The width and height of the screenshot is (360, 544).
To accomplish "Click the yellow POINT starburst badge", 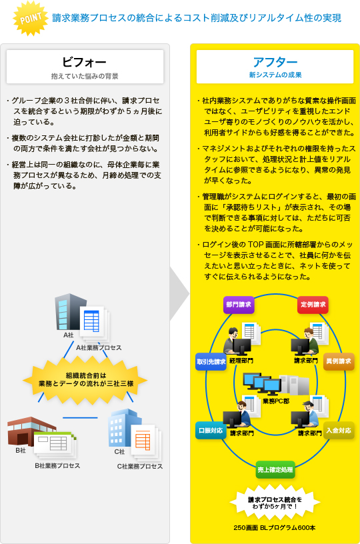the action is [31, 19].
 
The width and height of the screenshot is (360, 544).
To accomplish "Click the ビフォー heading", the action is [84, 62].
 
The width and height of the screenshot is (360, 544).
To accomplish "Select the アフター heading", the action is [275, 62].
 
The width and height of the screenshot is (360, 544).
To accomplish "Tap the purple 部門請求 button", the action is [239, 305].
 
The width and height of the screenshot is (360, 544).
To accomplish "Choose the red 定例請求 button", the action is [313, 305].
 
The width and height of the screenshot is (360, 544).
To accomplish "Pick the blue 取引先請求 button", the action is [211, 361].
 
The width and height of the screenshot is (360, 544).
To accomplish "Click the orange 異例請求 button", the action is [339, 361].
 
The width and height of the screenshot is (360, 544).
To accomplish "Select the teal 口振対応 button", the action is [211, 431].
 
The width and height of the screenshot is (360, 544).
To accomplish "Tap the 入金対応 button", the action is [339, 431].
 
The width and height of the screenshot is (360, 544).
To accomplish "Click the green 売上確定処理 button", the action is [275, 470].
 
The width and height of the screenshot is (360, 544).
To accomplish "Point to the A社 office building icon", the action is [70, 312].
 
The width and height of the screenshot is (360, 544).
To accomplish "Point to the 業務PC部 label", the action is [276, 401].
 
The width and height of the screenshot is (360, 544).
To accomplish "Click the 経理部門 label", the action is [241, 361].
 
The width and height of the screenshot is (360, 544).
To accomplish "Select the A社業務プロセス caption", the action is [99, 347].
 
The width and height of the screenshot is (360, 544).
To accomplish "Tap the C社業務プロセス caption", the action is [140, 466].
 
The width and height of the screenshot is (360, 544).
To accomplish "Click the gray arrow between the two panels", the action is [179, 294].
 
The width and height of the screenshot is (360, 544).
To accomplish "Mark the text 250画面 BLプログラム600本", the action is [275, 528].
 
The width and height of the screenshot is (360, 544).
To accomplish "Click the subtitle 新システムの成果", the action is [275, 75].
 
